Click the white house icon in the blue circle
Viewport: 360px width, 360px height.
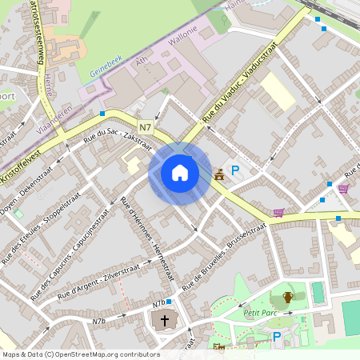tap(179, 172)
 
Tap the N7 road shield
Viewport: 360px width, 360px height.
tap(145, 127)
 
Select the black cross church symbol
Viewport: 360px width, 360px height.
tap(165, 322)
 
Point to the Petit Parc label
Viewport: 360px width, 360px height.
tap(260, 313)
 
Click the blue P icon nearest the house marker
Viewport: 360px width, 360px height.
tap(235, 170)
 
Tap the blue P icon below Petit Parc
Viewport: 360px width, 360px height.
tap(277, 337)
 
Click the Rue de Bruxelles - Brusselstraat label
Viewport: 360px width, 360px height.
tap(226, 255)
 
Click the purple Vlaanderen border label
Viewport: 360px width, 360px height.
tap(57, 118)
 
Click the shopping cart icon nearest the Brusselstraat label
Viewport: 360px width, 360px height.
tap(278, 213)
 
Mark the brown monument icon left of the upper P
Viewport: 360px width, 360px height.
tap(219, 174)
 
